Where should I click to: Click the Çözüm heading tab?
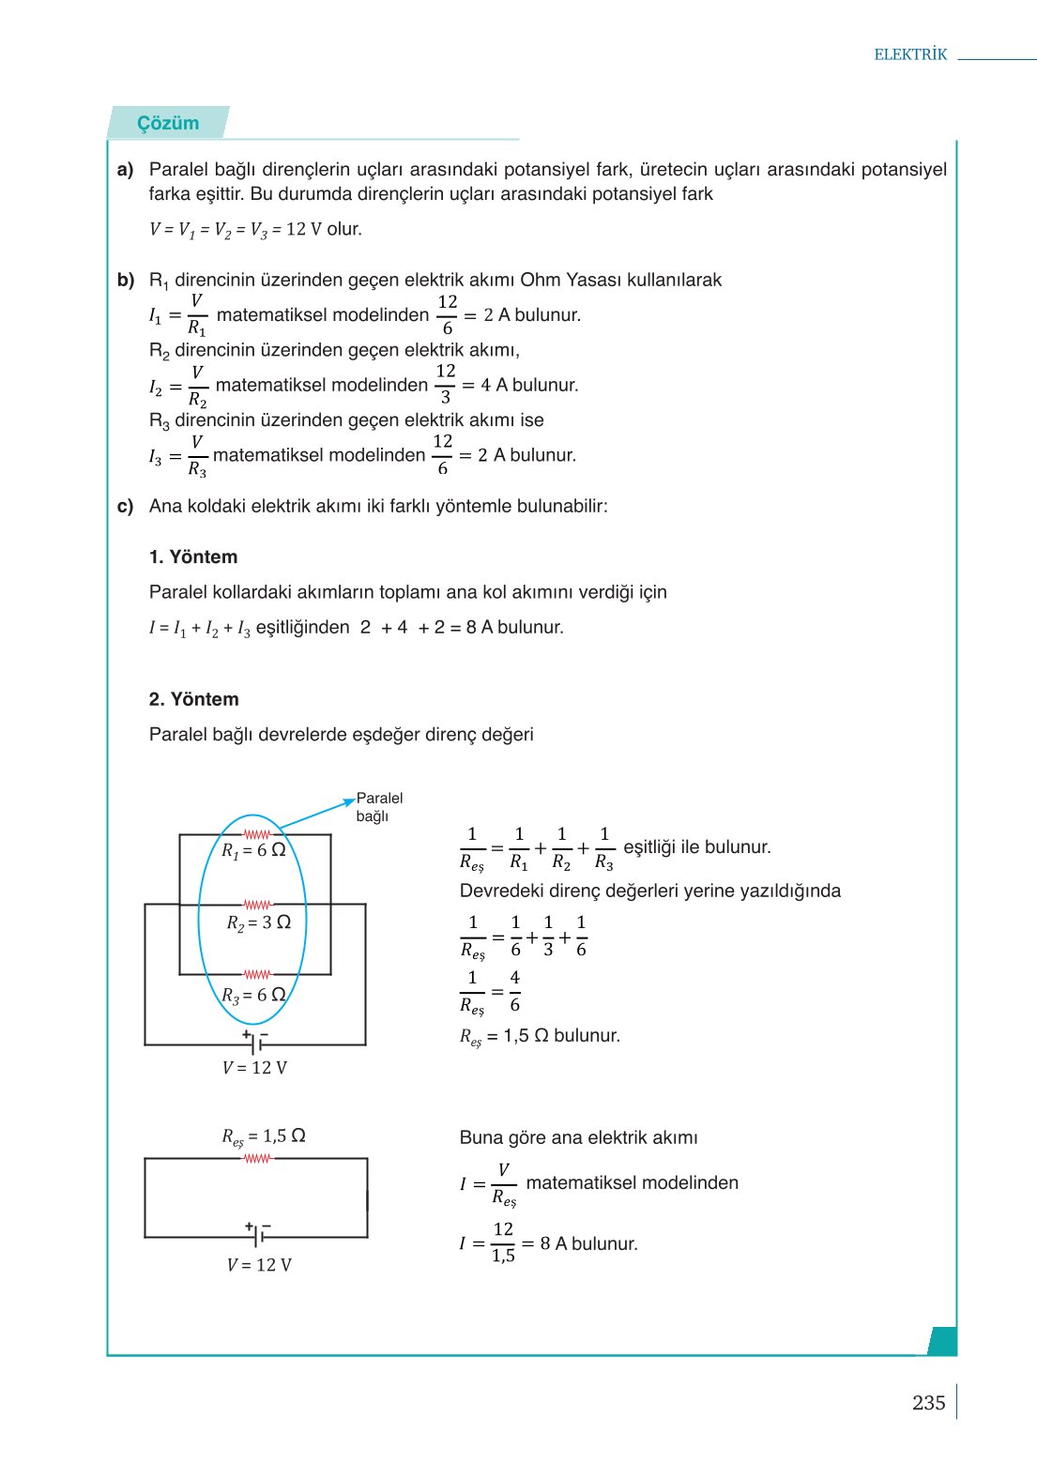(x=168, y=123)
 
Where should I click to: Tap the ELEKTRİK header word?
(x=910, y=54)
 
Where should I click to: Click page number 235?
(x=928, y=1402)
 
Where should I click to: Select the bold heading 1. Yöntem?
(x=193, y=556)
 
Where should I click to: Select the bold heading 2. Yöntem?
(x=193, y=699)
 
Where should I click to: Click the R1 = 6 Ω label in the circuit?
(x=253, y=850)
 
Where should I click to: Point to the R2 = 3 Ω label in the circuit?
(x=259, y=922)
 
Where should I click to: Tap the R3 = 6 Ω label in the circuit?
(x=253, y=995)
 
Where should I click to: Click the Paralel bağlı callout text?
(x=379, y=807)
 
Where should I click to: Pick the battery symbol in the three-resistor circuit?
(x=255, y=1042)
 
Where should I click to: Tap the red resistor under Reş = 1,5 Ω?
(x=256, y=1159)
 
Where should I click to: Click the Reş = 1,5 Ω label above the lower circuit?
(x=264, y=1136)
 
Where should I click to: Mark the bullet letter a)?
(x=126, y=170)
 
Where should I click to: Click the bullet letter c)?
(x=126, y=507)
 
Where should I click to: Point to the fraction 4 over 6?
(x=514, y=991)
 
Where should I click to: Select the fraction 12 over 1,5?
(x=503, y=1242)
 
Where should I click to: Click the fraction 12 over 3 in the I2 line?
(x=446, y=385)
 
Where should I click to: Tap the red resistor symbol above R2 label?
(x=256, y=905)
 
